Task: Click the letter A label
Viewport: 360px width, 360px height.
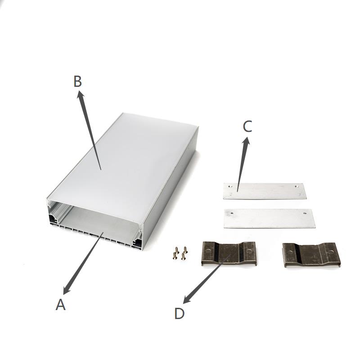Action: click(x=61, y=305)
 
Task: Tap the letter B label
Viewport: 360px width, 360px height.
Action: click(x=77, y=81)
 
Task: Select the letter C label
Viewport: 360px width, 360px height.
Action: click(x=247, y=126)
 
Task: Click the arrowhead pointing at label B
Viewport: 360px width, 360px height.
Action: click(x=81, y=94)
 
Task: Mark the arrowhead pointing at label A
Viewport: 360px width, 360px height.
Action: click(x=67, y=290)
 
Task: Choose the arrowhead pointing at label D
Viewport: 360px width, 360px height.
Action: click(x=187, y=300)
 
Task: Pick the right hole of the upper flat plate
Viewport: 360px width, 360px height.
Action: click(x=297, y=186)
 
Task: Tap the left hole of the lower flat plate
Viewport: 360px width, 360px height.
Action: click(x=231, y=213)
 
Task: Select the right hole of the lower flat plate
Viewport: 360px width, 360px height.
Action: click(x=305, y=213)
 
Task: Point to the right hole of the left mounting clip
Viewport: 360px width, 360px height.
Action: click(x=249, y=251)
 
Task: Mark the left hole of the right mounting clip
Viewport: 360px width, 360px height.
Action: click(x=290, y=252)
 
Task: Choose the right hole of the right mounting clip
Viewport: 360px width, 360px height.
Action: click(x=331, y=252)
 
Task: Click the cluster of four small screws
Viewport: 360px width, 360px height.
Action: click(x=180, y=253)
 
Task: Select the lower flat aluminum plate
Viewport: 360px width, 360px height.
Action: click(x=269, y=219)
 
